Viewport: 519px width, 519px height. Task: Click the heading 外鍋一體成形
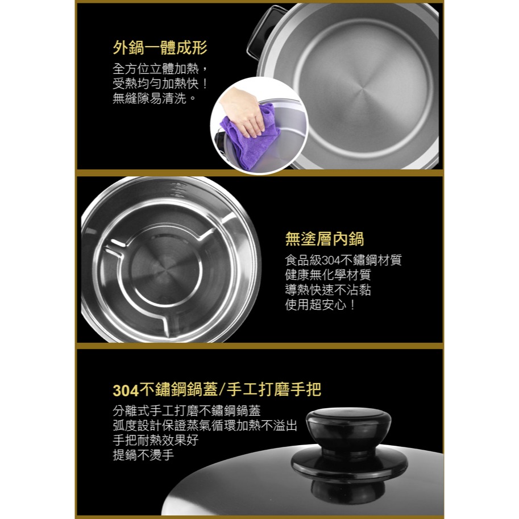pos(160,48)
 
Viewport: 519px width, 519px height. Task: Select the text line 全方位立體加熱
pos(161,69)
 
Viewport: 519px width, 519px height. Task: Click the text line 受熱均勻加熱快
pos(161,84)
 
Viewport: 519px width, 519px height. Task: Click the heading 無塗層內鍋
pos(324,239)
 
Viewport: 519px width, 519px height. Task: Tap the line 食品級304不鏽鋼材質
pos(343,260)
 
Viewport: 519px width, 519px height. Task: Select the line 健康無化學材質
pos(328,275)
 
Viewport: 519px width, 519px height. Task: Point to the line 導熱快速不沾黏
pos(328,290)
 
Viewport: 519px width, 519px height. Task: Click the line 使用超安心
pos(321,305)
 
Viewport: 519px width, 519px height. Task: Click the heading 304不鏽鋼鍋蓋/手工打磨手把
pos(217,390)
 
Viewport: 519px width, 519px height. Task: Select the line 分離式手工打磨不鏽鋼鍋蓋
pos(186,410)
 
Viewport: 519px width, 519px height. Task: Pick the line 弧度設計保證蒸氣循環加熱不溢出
pos(205,425)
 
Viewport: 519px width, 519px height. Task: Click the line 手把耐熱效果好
pos(155,440)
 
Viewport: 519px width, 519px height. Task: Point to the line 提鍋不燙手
pos(143,455)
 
